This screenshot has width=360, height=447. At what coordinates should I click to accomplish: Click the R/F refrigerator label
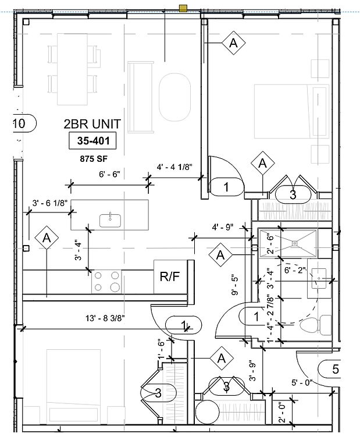[170, 276]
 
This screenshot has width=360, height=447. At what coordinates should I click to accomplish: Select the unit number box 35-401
[93, 140]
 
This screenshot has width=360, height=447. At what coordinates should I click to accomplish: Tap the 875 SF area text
[94, 159]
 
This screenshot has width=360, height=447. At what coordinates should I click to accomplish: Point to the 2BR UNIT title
[92, 124]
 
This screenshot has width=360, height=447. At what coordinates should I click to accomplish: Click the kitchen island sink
[110, 221]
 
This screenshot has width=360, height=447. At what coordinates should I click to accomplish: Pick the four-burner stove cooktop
[106, 282]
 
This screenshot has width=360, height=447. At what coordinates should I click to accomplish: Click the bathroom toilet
[316, 325]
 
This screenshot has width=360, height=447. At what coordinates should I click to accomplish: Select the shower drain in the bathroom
[294, 243]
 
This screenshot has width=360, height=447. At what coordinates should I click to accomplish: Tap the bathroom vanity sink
[319, 278]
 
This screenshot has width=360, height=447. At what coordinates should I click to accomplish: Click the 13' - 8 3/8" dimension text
[105, 318]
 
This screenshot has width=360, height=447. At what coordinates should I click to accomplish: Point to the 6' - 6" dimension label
[110, 174]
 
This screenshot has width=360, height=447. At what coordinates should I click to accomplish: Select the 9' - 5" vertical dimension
[236, 285]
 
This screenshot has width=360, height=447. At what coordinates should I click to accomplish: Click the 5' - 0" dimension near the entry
[302, 382]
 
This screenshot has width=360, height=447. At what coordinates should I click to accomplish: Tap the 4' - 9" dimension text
[223, 227]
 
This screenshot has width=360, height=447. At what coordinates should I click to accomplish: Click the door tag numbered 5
[330, 369]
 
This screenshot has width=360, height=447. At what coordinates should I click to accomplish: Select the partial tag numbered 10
[25, 123]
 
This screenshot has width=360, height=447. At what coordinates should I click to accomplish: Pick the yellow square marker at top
[183, 9]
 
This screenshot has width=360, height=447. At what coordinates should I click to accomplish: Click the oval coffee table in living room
[174, 97]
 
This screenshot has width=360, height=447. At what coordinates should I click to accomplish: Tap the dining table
[72, 69]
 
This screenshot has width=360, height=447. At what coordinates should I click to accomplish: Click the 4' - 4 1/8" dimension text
[174, 167]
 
